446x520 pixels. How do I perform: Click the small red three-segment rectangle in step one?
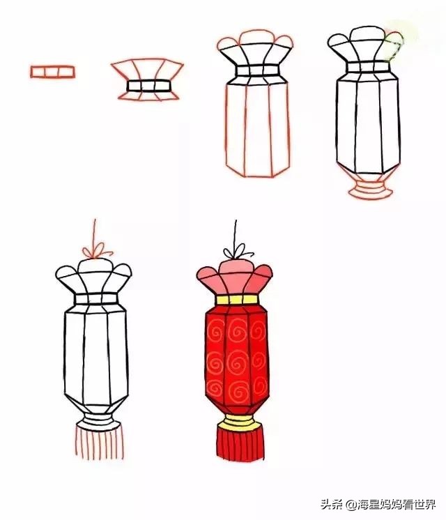click(52, 71)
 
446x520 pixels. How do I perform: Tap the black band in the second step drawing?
click(148, 86)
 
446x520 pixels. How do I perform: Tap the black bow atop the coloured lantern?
click(235, 250)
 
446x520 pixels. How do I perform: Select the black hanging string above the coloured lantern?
click(234, 230)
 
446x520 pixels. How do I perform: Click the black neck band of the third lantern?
click(255, 71)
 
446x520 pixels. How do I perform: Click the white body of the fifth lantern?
click(95, 355)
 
